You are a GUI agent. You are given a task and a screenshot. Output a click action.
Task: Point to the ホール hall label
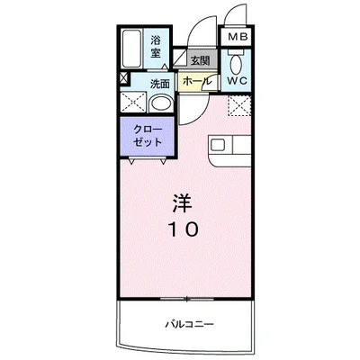click(x=197, y=81)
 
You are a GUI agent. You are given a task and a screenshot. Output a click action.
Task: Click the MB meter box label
click(x=238, y=37)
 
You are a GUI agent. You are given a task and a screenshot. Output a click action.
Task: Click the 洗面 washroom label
click(x=160, y=83)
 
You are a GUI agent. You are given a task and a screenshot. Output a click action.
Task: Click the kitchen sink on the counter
click(x=220, y=145)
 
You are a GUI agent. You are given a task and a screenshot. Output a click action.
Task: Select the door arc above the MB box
click(x=237, y=16)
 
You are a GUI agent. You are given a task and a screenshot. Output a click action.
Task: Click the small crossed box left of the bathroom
click(x=123, y=79)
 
